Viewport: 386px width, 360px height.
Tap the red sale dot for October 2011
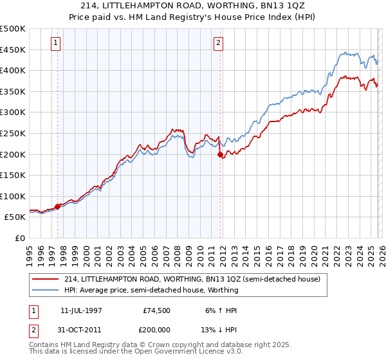point(220,154)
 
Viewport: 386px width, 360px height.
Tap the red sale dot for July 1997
point(58,206)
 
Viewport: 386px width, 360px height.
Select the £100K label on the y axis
point(13,196)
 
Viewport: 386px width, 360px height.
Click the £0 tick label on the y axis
point(19,239)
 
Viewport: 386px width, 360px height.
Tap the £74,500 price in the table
point(157,310)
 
